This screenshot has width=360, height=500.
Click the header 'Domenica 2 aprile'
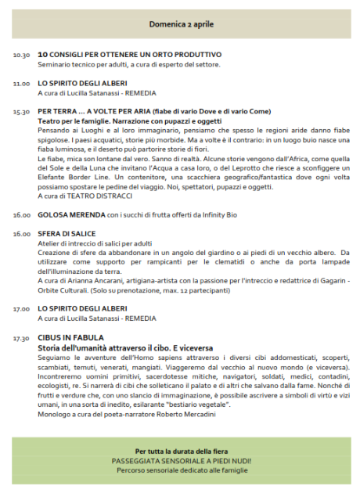tap(181, 24)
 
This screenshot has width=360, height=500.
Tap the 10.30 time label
tap(21, 55)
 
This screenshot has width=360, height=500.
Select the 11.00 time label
tap(21, 83)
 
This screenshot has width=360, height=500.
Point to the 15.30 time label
tap(21, 112)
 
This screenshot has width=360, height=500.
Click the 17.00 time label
tap(21, 309)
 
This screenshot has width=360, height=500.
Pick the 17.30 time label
tap(21, 338)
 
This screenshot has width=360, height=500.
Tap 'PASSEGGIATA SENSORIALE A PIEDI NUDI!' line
tap(181, 461)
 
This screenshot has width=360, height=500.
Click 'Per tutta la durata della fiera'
tap(181, 451)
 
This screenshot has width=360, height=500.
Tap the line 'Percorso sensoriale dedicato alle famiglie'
tap(181, 470)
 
